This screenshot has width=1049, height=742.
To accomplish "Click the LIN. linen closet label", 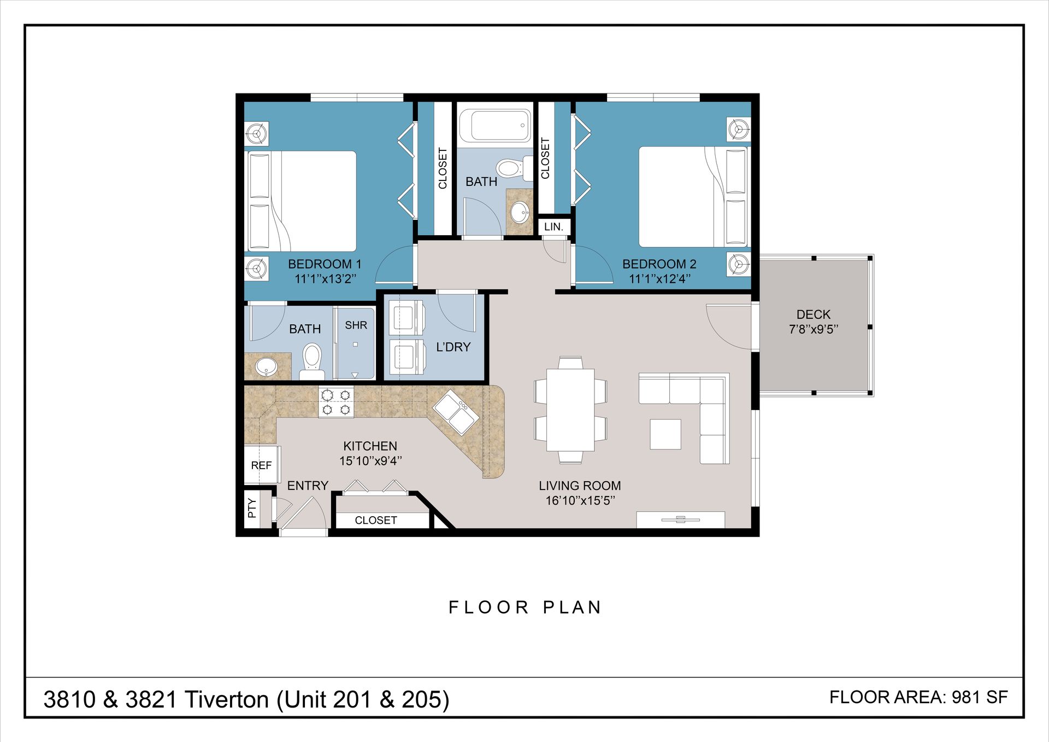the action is point(553,226).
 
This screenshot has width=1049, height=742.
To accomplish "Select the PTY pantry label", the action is point(251,508).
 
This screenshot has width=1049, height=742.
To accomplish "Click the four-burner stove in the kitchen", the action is point(336,402).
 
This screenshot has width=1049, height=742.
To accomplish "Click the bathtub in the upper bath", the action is point(495,125).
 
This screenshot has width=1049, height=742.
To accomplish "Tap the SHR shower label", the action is point(356,325).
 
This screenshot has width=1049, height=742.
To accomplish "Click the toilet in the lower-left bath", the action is point(312,362).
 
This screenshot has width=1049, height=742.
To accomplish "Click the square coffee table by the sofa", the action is point(665,434).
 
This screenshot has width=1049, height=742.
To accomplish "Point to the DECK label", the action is point(813,314).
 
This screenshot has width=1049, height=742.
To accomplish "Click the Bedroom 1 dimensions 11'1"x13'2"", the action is point(325,279).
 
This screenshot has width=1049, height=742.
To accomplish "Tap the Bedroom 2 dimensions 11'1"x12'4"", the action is point(659,279).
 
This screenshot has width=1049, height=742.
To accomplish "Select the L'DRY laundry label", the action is point(453,347).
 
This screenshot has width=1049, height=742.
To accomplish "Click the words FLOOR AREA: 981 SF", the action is point(918,697).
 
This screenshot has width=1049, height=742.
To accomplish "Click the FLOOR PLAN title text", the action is point(525,607).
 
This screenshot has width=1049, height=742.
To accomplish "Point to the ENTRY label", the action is point(308,486).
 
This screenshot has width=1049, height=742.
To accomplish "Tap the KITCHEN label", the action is point(370,446).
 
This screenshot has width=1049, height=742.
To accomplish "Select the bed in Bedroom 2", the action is point(693,197).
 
